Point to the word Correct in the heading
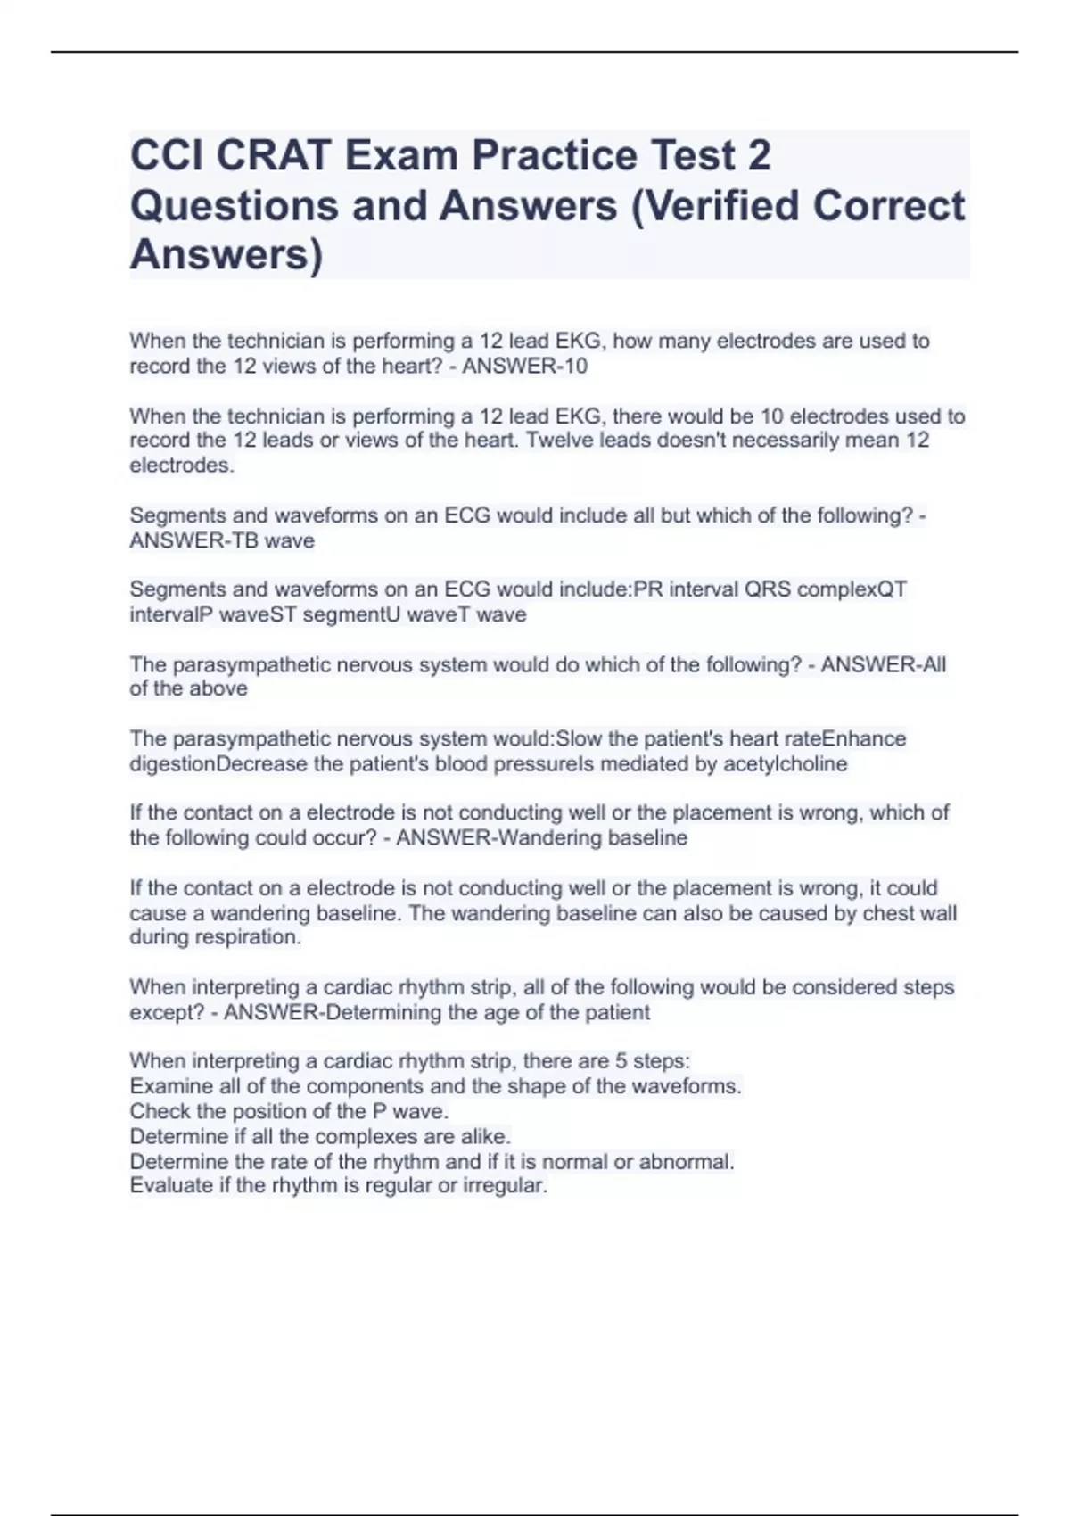888,205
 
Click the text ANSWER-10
524,367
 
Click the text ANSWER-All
883,665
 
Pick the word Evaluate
168,1186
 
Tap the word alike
485,1137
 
